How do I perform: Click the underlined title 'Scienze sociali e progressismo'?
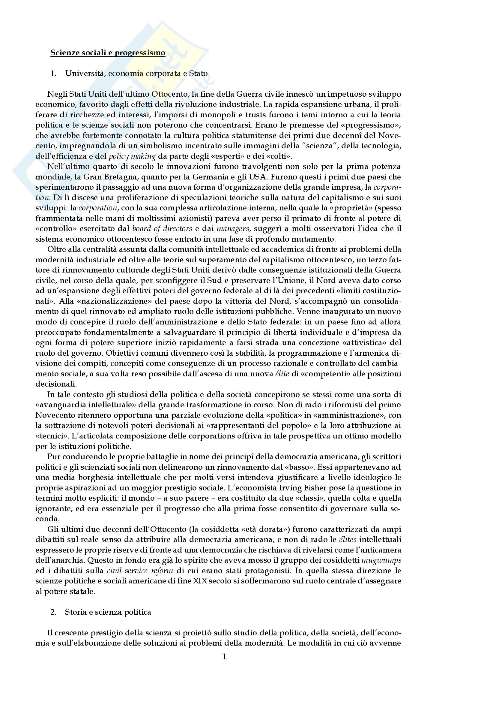tap(108, 53)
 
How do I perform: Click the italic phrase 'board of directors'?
tap(162, 229)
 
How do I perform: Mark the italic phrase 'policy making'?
tap(132, 156)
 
